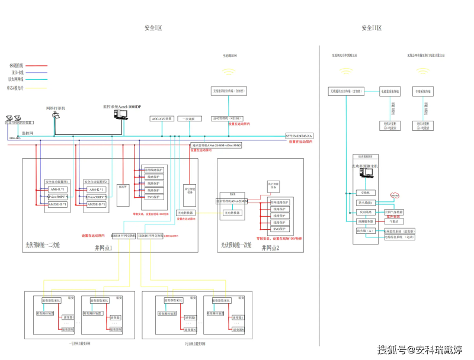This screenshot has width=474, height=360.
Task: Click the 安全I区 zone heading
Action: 153,28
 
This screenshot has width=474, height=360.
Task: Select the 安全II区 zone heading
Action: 371,28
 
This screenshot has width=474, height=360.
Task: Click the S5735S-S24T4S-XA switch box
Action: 299,136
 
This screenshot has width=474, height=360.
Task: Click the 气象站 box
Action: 394,221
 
